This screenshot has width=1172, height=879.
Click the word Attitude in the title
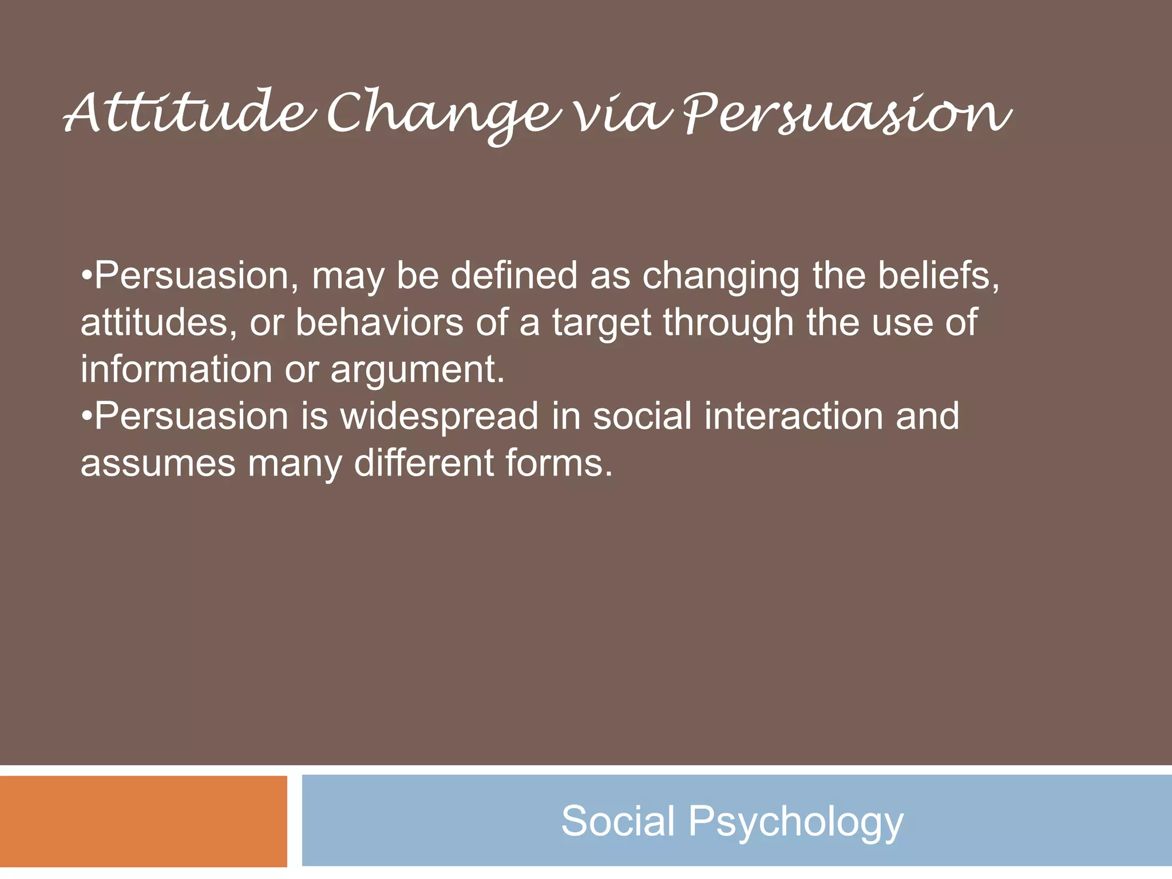189,112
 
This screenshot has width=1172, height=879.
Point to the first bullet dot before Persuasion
86,276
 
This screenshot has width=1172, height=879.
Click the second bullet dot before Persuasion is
86,416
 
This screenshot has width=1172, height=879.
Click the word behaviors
379,323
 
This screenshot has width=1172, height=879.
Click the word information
176,369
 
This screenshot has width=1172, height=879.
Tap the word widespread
439,417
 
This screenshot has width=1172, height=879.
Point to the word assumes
158,464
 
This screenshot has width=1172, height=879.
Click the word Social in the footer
617,821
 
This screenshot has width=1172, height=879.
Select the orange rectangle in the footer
143,821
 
